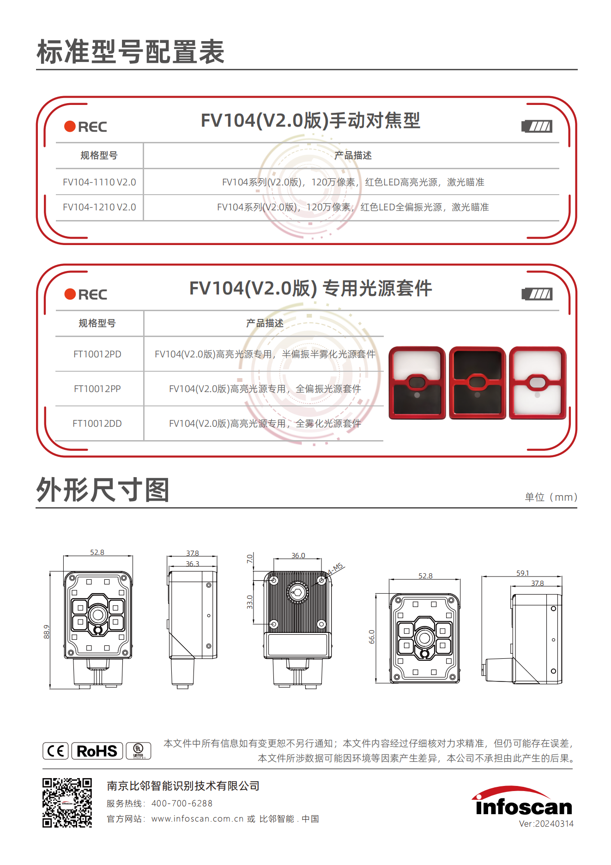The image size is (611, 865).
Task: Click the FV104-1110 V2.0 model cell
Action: click(x=99, y=182)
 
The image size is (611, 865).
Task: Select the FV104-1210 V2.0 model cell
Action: click(x=99, y=207)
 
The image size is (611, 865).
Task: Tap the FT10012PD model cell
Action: click(x=97, y=354)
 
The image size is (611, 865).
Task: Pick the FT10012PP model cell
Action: click(x=97, y=389)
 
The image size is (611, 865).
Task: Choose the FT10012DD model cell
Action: click(x=97, y=423)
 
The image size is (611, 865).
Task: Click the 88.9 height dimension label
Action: click(x=47, y=632)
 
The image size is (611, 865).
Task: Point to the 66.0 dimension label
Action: click(x=372, y=637)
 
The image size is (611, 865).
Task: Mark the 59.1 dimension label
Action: click(x=522, y=573)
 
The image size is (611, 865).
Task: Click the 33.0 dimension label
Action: click(x=250, y=602)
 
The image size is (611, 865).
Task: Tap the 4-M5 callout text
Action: click(x=336, y=569)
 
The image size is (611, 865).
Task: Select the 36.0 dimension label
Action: click(x=298, y=556)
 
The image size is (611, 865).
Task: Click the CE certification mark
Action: click(x=55, y=751)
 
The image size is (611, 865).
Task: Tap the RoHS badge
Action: click(x=97, y=751)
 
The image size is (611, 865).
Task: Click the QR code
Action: click(x=67, y=803)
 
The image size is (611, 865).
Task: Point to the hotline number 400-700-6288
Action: click(x=182, y=804)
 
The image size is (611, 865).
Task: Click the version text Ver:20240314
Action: click(x=546, y=824)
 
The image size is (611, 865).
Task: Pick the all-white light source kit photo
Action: click(x=538, y=383)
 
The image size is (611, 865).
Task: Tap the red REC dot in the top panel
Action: click(x=70, y=126)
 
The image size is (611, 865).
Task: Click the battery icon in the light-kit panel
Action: click(x=537, y=294)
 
